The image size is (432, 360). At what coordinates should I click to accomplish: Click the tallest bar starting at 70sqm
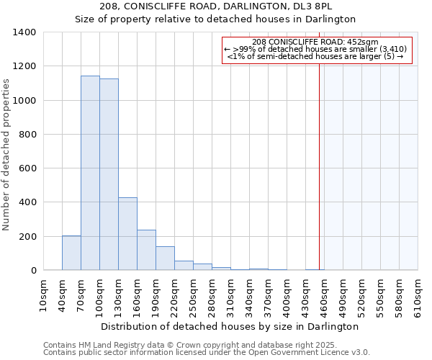90,173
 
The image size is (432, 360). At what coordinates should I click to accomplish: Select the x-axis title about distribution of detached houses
230,327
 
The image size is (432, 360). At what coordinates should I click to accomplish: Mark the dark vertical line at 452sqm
319,166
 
